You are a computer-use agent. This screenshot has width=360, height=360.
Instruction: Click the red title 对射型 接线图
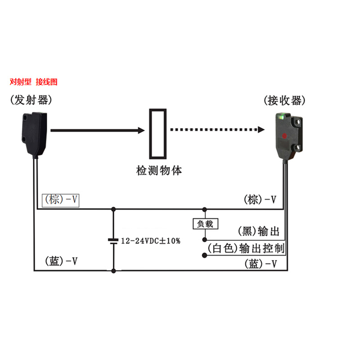pyautogui.click(x=34, y=82)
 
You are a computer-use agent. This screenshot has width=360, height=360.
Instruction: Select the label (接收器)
pyautogui.click(x=284, y=100)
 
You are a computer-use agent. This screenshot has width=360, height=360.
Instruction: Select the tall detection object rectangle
pyautogui.click(x=159, y=134)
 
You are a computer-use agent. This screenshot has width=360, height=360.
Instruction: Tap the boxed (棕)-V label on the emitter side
pyautogui.click(x=60, y=200)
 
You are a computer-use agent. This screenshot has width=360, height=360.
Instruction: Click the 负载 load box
pyautogui.click(x=205, y=224)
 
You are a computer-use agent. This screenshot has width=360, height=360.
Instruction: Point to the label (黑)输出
pyautogui.click(x=259, y=231)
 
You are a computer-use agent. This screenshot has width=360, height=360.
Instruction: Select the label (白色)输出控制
pyautogui.click(x=246, y=248)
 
